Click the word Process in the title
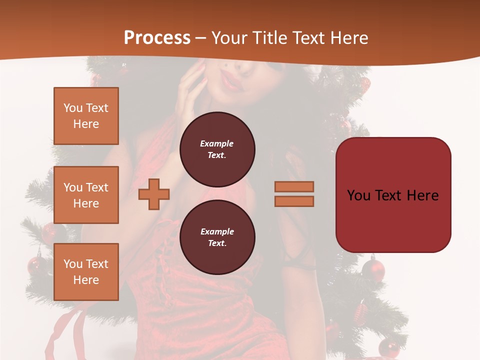coord(157,38)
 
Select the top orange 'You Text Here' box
coord(86,116)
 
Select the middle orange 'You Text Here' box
coord(86,195)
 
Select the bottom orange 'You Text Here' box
coord(86,272)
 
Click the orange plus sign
coord(154,194)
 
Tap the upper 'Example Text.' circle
coord(217,149)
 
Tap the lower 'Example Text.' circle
coord(217,237)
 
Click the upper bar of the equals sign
coord(294,186)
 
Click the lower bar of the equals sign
coord(294,201)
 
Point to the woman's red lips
coord(232,80)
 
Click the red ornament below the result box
coord(373,269)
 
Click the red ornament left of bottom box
coord(36,265)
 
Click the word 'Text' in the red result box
coord(393,195)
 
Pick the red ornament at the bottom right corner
coord(388,347)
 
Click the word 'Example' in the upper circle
coord(217,143)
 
